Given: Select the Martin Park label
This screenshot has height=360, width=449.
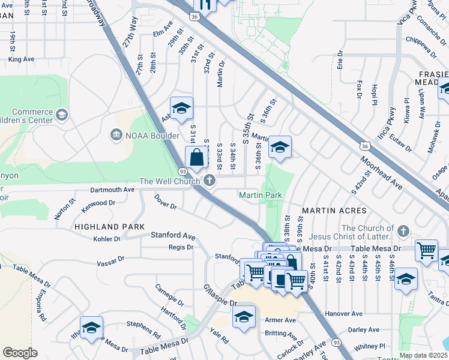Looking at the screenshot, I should coord(260,195).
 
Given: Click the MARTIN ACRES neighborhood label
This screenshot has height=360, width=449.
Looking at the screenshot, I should coord(334,211).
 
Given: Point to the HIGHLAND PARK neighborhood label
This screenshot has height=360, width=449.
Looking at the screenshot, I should coord(109,227).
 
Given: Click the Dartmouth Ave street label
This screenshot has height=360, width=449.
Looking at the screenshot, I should coord(112,189).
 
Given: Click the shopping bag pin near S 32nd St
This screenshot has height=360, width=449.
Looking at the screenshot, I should coord(196,158).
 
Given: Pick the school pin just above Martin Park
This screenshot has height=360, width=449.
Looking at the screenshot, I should coord(280,147).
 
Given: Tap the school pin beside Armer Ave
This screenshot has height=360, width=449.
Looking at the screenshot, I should coord(244,317).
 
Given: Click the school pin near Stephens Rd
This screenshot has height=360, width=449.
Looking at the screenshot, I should coord(91,328).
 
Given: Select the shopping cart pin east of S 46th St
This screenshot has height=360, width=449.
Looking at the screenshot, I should coord(426,250).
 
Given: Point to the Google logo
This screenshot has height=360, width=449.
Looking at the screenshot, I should coord(20,353).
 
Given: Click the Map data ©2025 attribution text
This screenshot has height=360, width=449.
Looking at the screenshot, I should coord(423,355).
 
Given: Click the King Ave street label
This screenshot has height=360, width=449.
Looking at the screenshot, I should coord(22,59).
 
